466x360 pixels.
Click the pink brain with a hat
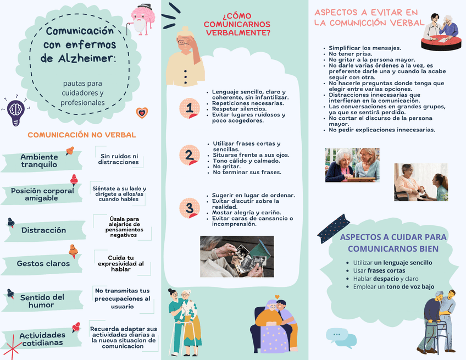point(142,19)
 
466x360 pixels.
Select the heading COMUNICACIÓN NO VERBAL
point(82,135)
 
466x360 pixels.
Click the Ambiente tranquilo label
point(39,161)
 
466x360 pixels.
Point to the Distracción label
point(43,230)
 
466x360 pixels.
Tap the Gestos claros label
point(43,263)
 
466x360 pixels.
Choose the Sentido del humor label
point(42,301)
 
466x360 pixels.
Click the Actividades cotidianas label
point(42,339)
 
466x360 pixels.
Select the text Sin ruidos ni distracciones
point(119,159)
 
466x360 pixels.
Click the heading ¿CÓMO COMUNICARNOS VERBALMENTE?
point(237,24)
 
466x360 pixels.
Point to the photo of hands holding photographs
point(237,257)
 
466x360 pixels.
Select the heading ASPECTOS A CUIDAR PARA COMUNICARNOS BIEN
point(393,243)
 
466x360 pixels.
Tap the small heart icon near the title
point(142,113)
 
